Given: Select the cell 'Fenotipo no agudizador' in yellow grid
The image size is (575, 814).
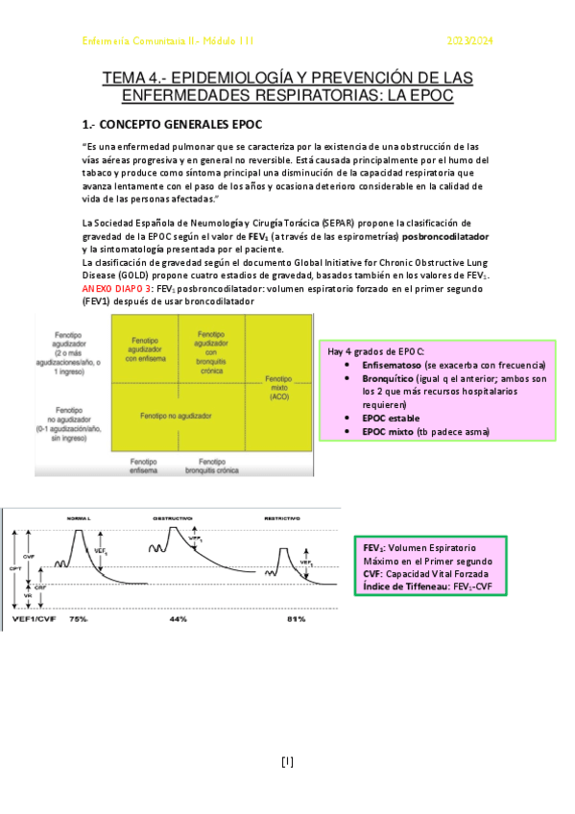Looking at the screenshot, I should [x=176, y=417].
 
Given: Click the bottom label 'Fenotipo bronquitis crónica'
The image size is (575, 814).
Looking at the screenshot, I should [x=210, y=464].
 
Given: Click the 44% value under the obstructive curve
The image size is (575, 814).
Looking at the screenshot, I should [x=177, y=619].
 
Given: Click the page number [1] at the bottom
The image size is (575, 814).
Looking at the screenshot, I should [x=287, y=762].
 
